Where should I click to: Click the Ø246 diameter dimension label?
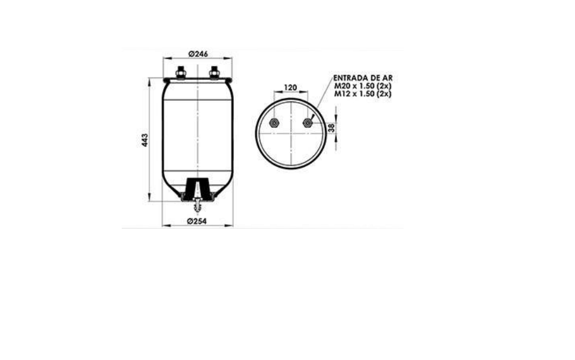pyautogui.click(x=198, y=54)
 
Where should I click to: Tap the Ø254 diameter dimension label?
pyautogui.click(x=197, y=221)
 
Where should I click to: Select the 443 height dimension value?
pyautogui.click(x=145, y=140)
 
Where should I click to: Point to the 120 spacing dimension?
pyautogui.click(x=290, y=88)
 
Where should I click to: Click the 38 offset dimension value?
pyautogui.click(x=331, y=128)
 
